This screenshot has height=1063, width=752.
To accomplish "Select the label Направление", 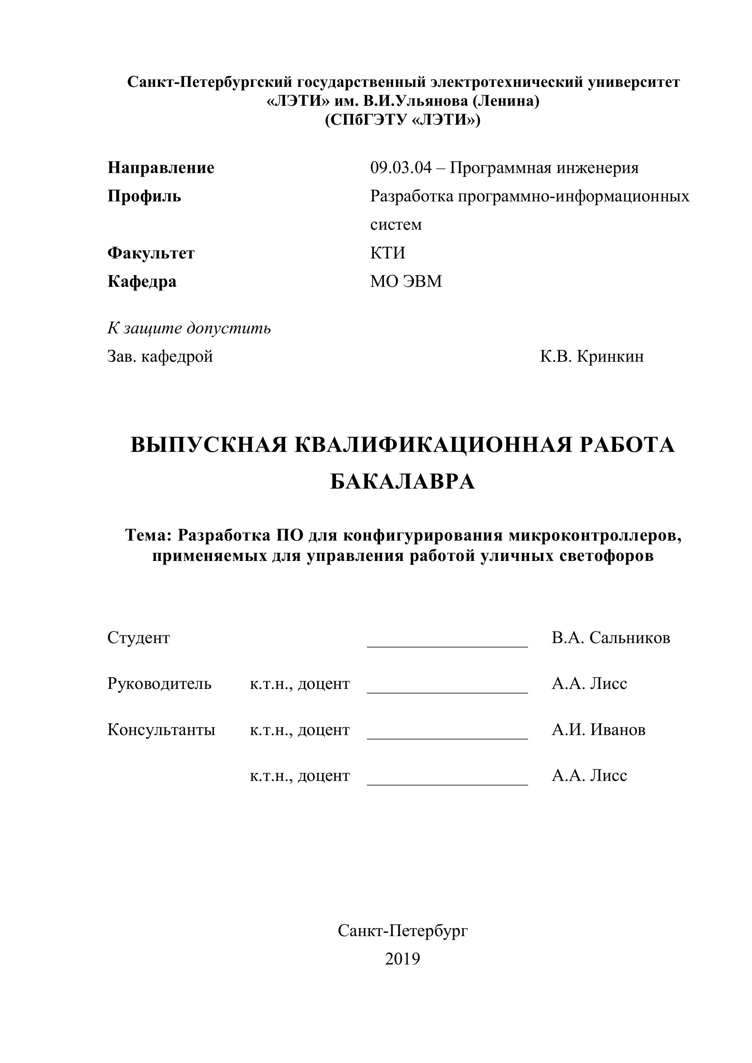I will [161, 168].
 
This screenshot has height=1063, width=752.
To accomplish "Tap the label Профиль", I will [144, 196].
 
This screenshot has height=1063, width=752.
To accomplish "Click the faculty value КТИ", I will [388, 253].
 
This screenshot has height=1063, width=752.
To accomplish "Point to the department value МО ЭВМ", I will [405, 281].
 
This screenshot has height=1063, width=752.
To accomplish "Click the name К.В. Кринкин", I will [591, 357].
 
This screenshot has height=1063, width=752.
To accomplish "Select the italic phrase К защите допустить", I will [189, 328].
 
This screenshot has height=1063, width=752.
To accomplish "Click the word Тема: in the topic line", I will [148, 535].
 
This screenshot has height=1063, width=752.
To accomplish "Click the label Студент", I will [139, 638].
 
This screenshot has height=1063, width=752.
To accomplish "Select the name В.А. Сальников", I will [610, 638].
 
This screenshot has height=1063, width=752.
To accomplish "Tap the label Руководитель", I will [159, 684].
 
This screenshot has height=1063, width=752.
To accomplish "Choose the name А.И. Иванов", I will [598, 730].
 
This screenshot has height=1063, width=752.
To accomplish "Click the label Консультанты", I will [161, 730].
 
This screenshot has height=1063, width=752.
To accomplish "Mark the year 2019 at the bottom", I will [403, 959].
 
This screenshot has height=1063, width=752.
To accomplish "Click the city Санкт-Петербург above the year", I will [403, 931].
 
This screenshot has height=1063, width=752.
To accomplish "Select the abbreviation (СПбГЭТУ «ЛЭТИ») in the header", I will [403, 120].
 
